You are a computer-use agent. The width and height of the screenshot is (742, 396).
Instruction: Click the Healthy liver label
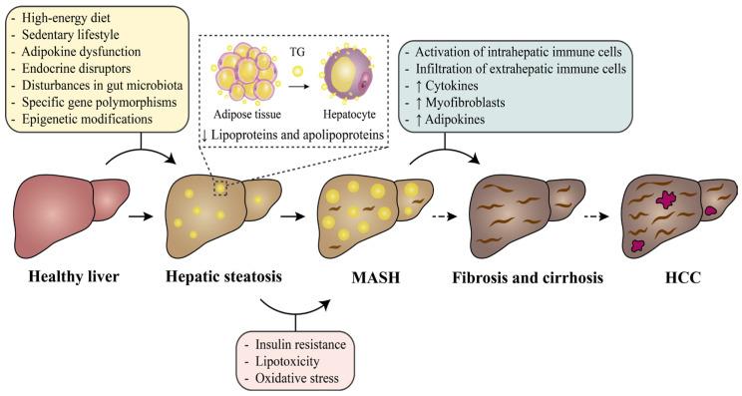67,276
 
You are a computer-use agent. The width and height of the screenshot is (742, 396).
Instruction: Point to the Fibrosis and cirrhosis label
529,276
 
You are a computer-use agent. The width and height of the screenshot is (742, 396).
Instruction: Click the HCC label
678,276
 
